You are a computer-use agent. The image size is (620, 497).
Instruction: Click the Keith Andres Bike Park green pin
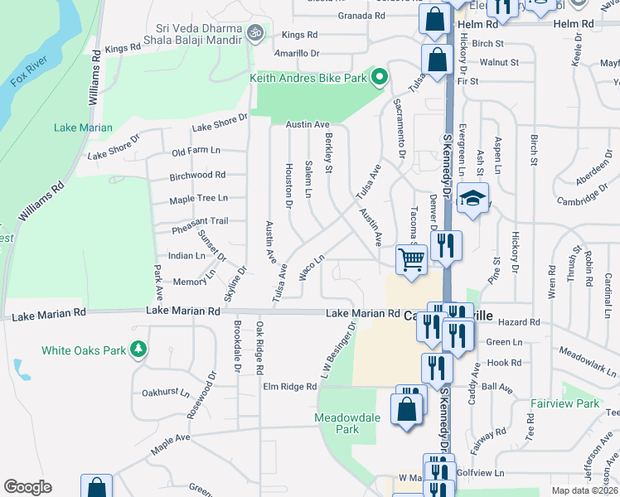click(x=380, y=78)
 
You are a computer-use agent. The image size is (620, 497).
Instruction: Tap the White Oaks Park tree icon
click(x=140, y=350)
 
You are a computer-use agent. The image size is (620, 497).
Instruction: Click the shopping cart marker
click(x=411, y=260)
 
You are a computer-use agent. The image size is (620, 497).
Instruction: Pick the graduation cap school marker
click(x=472, y=200)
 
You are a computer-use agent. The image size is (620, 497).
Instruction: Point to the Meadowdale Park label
click(x=347, y=423)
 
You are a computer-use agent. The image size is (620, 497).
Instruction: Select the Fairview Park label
click(x=564, y=404)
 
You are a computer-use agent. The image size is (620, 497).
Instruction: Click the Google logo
click(x=27, y=487)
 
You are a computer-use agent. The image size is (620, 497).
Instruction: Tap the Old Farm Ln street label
click(x=196, y=152)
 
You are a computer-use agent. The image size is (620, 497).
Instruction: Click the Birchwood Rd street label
click(x=197, y=176)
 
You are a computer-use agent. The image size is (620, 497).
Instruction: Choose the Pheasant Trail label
click(x=199, y=221)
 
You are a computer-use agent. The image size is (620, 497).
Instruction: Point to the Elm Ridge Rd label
click(x=289, y=387)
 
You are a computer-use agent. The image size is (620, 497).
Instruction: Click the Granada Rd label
click(x=362, y=16)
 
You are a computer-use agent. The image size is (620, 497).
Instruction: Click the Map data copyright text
click(x=584, y=490)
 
